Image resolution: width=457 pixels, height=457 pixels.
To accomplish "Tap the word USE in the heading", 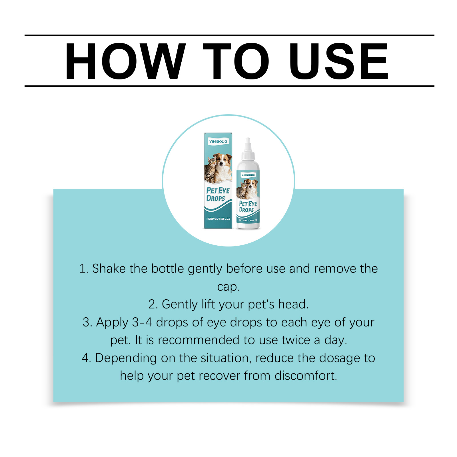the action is coord(339,61).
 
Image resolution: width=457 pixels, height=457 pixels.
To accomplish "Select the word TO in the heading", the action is coord(236,61).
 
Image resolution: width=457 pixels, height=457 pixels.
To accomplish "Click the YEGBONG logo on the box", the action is coord(218,141).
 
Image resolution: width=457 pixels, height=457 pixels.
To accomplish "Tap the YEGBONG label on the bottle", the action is coord(248,175).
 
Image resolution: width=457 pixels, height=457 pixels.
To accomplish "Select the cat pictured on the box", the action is coord(210,170).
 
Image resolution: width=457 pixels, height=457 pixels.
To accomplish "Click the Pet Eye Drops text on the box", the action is coord(218,194).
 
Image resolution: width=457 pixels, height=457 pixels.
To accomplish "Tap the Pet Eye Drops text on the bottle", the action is coord(248,207).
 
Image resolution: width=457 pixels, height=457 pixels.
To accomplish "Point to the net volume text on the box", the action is coord(218,219).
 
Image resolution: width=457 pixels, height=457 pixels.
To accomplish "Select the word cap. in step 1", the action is coord(228,287).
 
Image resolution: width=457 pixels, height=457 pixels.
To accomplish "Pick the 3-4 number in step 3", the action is coord(142,322).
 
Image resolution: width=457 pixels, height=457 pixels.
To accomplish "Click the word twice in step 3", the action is coord(296,340).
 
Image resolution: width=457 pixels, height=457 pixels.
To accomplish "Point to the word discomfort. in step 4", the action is coord(306,376).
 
